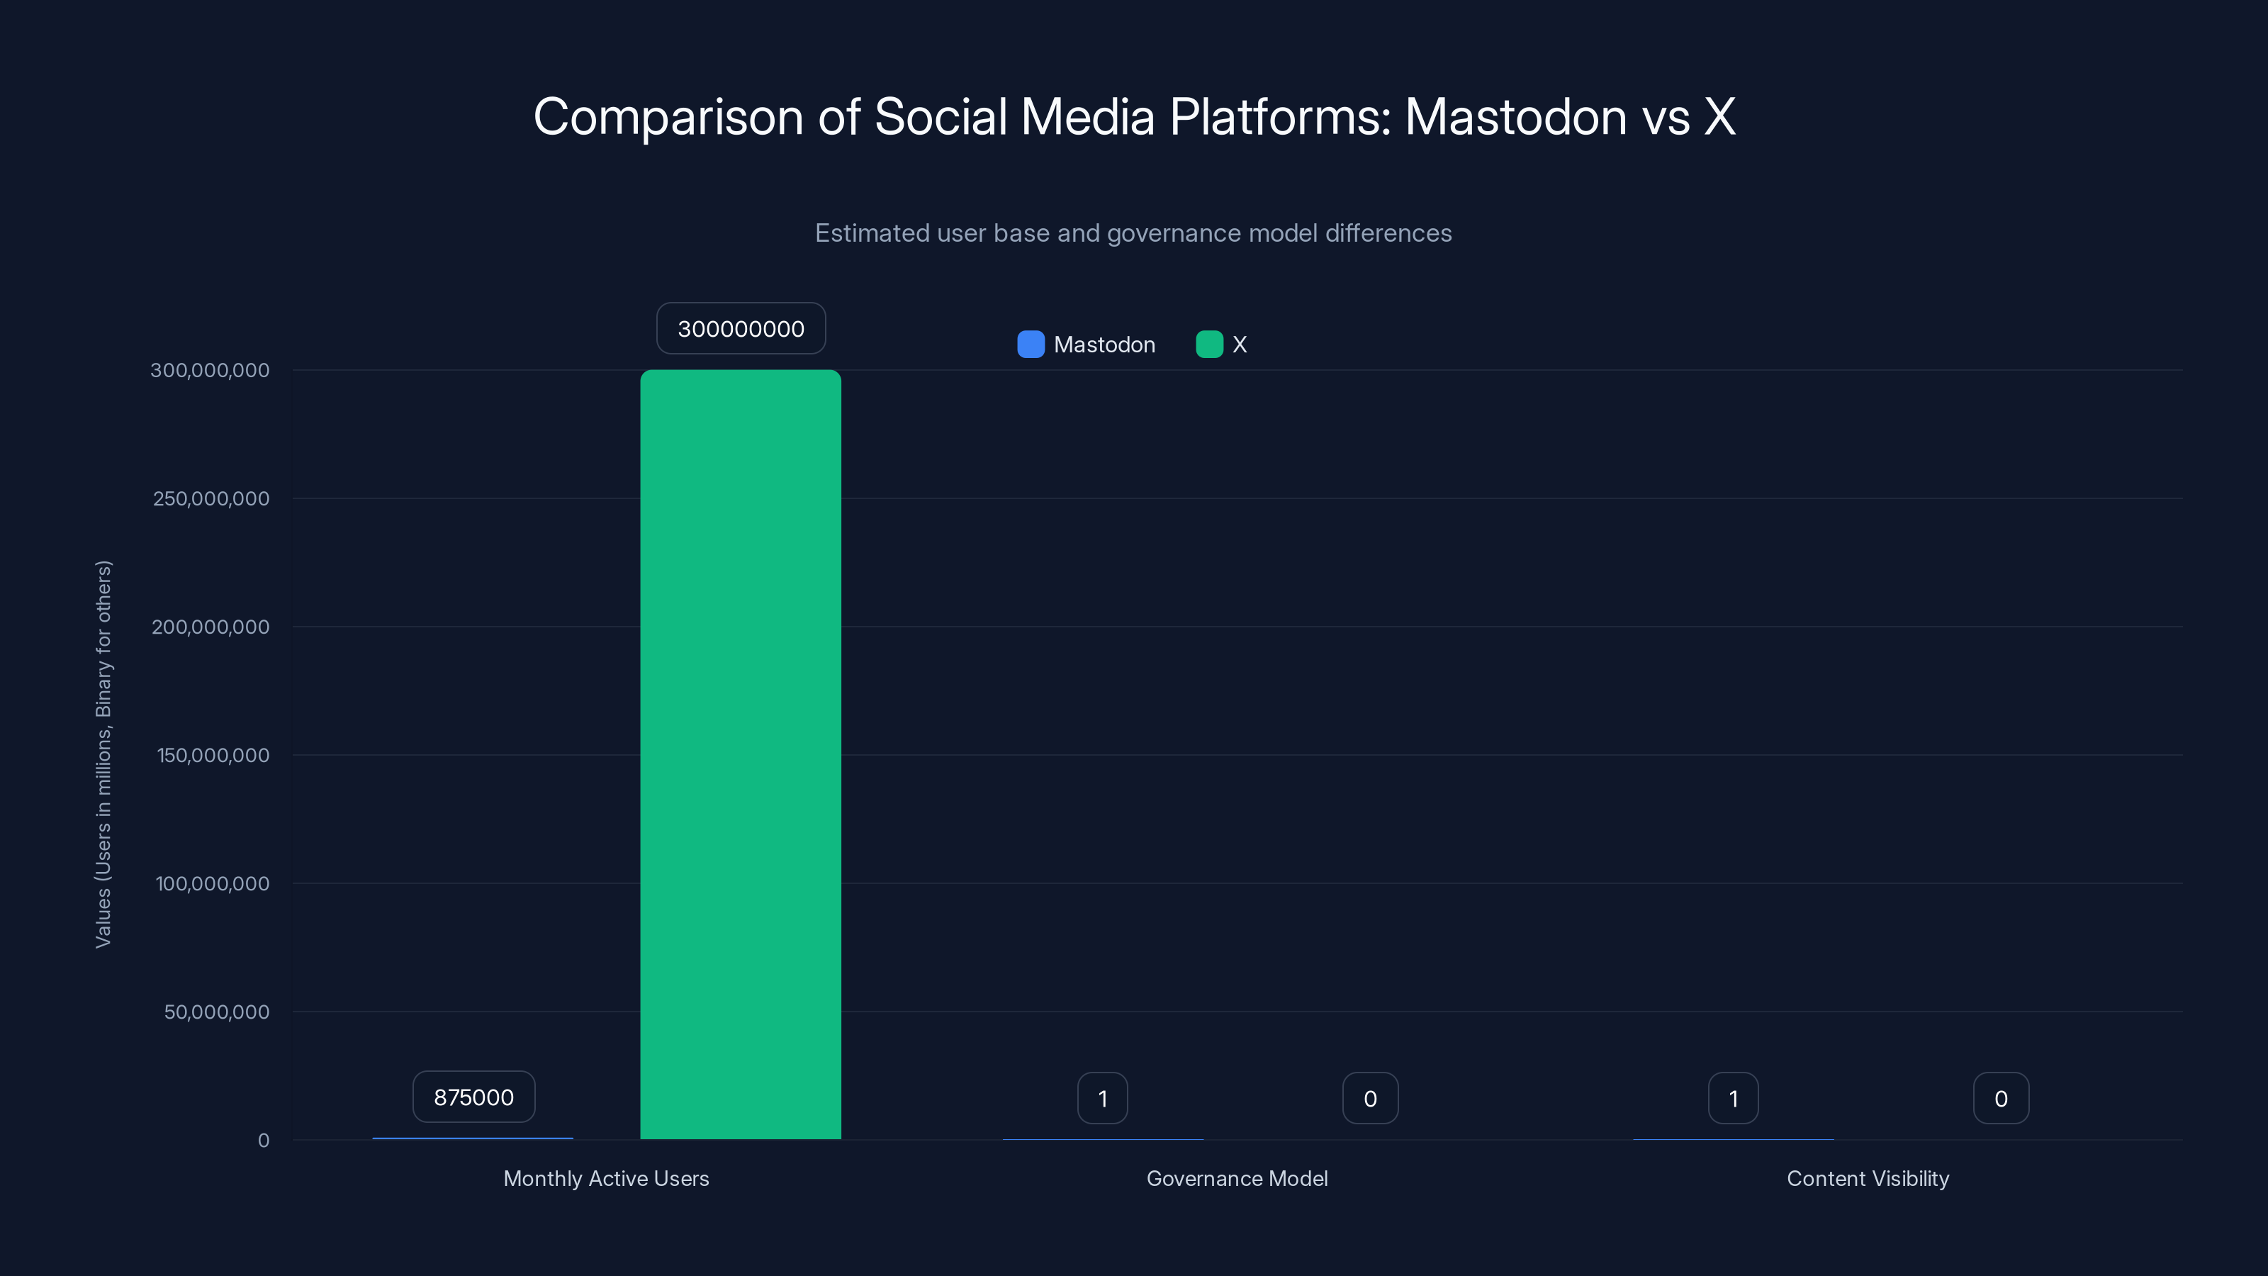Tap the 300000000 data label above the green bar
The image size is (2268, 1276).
click(741, 328)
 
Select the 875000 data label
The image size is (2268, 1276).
click(473, 1097)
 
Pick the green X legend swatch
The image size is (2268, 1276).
click(1210, 345)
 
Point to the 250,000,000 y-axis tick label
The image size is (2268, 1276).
click(211, 498)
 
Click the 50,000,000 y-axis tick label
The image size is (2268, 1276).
click(217, 1012)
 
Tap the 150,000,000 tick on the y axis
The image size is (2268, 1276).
click(213, 755)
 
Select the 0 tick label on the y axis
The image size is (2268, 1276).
click(263, 1141)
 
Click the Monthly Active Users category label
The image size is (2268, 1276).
click(606, 1178)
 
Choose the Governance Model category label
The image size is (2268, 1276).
click(1237, 1178)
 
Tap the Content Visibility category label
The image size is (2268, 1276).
click(1868, 1178)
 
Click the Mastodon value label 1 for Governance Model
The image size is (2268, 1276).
click(1102, 1098)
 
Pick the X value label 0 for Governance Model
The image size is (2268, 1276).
click(1370, 1098)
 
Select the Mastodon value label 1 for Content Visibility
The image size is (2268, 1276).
click(1733, 1098)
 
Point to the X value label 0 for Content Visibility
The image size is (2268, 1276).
click(2000, 1098)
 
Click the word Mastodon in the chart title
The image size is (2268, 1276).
click(1515, 116)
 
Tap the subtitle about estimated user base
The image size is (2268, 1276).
click(1133, 233)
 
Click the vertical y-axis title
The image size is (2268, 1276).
click(104, 754)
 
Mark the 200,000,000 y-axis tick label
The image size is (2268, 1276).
click(210, 627)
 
